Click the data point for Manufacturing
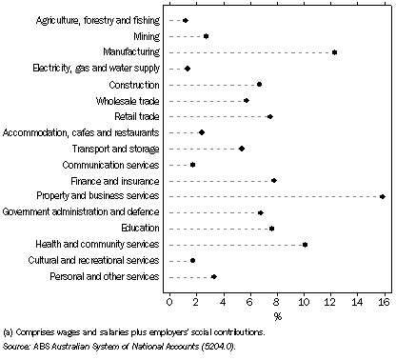click(x=334, y=51)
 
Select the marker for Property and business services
click(x=382, y=196)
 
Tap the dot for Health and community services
click(x=305, y=245)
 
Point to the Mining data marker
click(x=206, y=35)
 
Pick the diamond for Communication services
click(x=192, y=164)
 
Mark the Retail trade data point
click(x=269, y=116)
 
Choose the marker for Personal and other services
click(x=213, y=277)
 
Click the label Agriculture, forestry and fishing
click(x=97, y=19)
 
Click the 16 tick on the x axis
click(x=383, y=303)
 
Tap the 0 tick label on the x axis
click(x=169, y=303)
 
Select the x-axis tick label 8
click(x=277, y=303)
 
